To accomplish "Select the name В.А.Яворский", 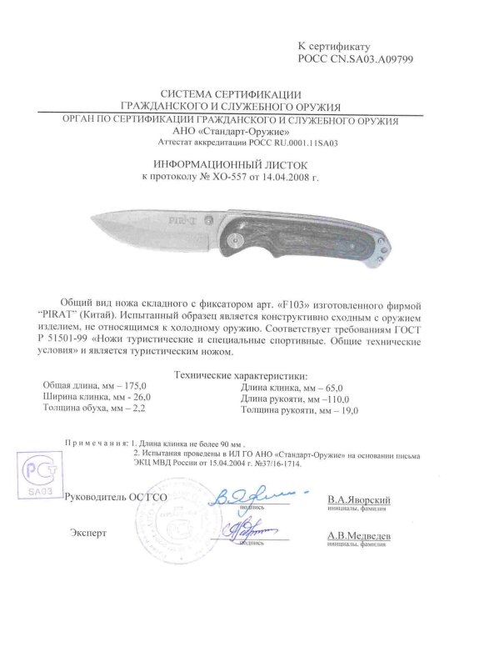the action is pos(359,498).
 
